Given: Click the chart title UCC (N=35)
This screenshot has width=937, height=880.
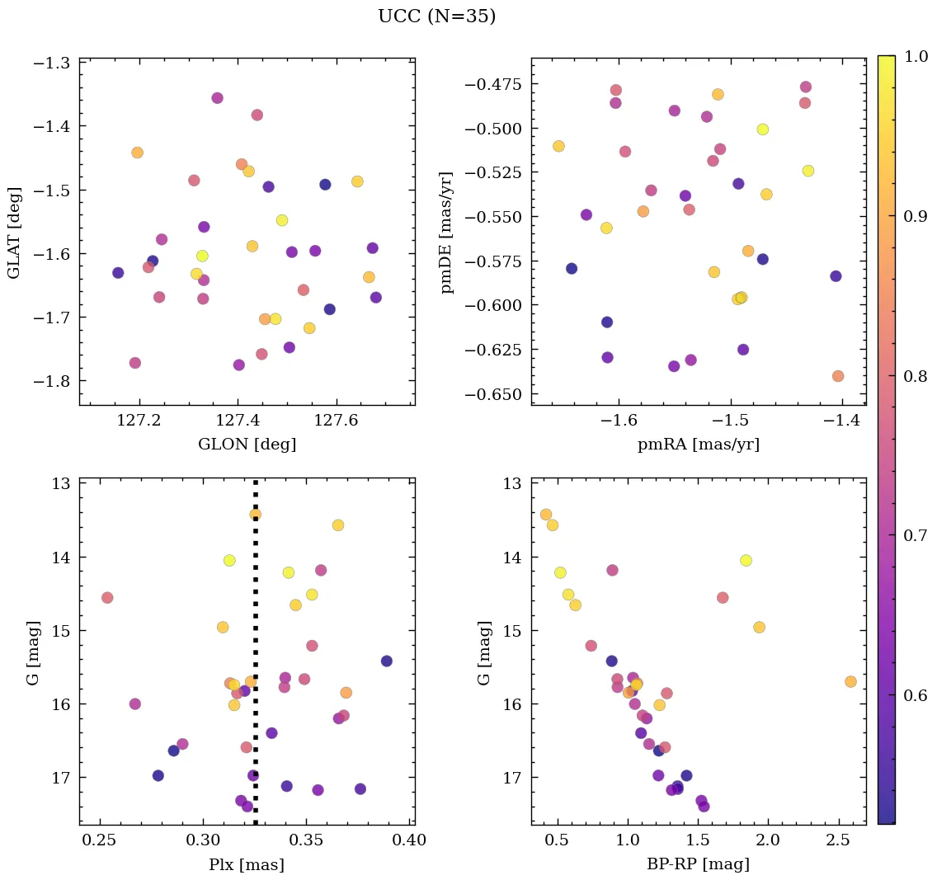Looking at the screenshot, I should click(x=437, y=16).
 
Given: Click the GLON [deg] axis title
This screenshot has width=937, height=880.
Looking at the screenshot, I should click(x=247, y=445).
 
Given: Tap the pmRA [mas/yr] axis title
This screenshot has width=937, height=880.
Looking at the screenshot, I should click(x=698, y=445).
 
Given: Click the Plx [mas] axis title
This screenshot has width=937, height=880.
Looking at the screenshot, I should click(x=247, y=864).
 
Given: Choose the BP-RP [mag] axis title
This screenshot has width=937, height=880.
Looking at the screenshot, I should click(x=698, y=864).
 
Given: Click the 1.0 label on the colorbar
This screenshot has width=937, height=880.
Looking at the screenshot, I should click(x=916, y=56).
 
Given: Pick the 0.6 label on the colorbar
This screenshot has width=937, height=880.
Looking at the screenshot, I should click(x=916, y=695).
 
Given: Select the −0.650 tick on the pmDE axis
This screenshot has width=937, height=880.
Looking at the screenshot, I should click(x=494, y=394).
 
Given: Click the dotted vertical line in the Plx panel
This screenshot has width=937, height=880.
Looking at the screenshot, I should click(x=255, y=660).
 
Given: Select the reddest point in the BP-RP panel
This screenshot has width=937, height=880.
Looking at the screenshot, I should click(x=850, y=681).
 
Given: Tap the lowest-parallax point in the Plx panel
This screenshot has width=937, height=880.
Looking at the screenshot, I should click(x=107, y=597).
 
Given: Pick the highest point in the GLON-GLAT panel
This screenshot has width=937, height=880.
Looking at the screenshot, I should click(x=217, y=98).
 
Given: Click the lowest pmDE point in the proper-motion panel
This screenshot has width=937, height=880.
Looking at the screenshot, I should click(x=838, y=376).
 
